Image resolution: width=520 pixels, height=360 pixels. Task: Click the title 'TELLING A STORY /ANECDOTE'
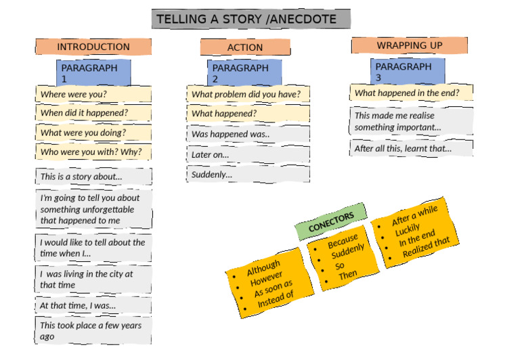(251, 19)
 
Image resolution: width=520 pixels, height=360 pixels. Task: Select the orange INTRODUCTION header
(93, 47)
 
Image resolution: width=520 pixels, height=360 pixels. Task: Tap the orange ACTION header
(245, 47)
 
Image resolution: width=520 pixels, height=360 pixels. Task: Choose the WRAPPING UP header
(409, 45)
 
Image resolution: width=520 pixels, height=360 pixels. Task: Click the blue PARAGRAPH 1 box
(93, 73)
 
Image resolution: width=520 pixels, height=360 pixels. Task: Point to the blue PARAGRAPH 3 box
(408, 72)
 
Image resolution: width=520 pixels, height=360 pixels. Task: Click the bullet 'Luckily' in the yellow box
(408, 231)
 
